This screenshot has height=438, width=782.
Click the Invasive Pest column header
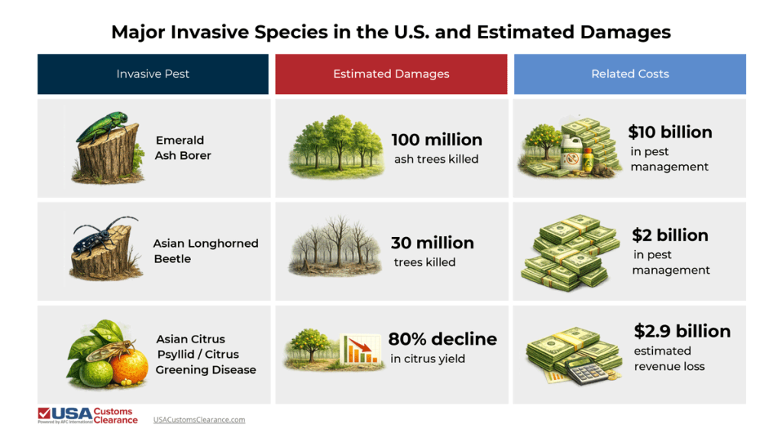(153, 74)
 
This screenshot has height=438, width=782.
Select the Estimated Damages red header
(391, 74)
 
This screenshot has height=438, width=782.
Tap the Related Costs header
(629, 74)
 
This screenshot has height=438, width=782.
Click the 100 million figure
(436, 140)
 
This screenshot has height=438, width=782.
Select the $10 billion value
(670, 132)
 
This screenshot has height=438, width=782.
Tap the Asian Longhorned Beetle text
(205, 251)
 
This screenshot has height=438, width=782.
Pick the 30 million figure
(432, 243)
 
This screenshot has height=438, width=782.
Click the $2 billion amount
(670, 235)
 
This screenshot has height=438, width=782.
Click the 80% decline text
(442, 339)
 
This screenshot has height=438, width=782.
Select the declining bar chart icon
(360, 351)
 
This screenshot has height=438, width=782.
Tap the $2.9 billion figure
(682, 331)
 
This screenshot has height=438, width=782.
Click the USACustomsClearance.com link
(199, 420)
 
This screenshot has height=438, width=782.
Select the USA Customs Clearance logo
(88, 416)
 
